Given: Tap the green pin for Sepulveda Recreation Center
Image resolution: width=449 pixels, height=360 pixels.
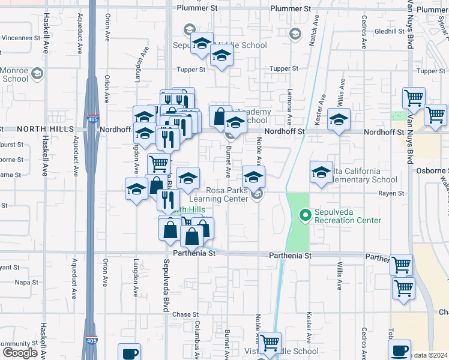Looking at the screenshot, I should point(305,214).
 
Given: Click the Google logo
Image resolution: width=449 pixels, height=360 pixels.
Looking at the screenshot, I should point(20,353).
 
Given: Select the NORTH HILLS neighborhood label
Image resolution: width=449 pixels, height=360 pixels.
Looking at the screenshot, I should point(45,129).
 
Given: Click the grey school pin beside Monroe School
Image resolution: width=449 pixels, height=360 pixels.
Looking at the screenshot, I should point(37,74).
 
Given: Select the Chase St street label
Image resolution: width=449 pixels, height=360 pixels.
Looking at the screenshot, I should point(185,314).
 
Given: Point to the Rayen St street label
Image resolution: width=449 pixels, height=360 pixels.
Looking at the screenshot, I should point(390,193).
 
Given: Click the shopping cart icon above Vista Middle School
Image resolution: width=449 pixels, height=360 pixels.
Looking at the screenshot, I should point(270,343).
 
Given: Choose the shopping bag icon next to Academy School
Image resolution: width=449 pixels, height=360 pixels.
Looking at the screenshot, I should point(220,115).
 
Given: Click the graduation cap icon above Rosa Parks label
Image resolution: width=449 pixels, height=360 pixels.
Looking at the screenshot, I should point(253,176).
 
